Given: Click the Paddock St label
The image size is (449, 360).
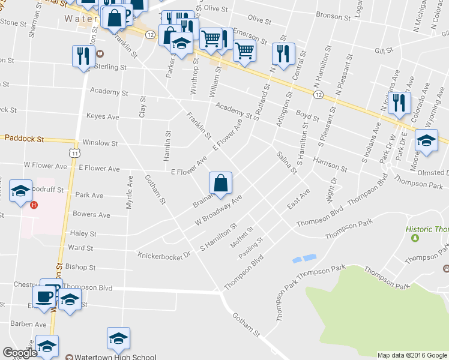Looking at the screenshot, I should coord(25,138).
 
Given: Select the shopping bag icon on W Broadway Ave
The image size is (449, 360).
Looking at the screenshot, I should coord(220,183).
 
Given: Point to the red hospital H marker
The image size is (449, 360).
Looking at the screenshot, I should coord(34,205).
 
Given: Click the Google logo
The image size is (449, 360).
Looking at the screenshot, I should coord(20,353).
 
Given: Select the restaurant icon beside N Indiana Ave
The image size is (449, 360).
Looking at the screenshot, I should coord(399,103).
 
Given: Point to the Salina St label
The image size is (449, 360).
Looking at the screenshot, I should coord(287,163).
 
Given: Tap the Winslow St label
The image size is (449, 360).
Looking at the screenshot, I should coord(100,143).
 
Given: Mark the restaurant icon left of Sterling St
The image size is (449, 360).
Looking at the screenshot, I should coord(82,56).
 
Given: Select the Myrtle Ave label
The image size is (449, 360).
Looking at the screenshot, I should coord(129,192).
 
